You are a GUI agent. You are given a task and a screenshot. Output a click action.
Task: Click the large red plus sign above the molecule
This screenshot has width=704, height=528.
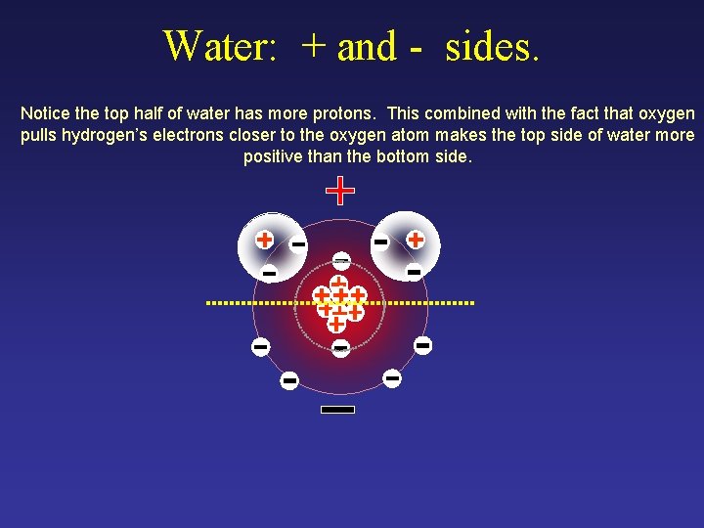click(339, 191)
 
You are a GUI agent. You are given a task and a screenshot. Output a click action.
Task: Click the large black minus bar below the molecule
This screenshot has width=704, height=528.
click(337, 410)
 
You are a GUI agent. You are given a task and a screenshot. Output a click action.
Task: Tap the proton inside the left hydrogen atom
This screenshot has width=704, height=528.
click(264, 239)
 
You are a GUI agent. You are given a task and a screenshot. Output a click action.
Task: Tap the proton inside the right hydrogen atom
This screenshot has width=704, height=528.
click(416, 239)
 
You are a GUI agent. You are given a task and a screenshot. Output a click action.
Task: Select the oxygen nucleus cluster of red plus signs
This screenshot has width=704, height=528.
click(339, 302)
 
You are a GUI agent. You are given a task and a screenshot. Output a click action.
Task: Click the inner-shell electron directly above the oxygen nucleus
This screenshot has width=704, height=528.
click(340, 261)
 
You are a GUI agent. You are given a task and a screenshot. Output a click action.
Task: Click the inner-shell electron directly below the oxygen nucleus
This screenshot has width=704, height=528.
click(340, 348)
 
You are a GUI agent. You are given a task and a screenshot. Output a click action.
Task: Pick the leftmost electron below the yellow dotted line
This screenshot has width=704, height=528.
click(260, 346)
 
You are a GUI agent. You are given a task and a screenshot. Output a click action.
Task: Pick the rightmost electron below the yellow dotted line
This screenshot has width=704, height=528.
click(423, 345)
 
